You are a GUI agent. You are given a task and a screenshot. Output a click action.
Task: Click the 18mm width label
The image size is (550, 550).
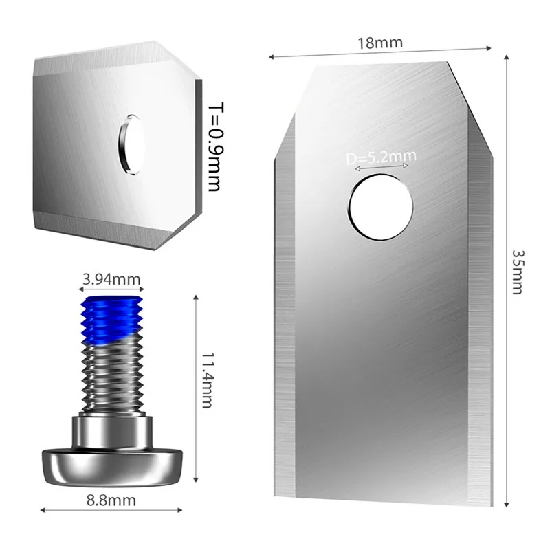pyautogui.click(x=380, y=43)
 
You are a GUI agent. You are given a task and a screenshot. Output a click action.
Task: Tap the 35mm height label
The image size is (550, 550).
pyautogui.click(x=518, y=272)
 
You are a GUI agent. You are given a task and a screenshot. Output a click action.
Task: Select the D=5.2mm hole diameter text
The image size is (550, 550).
pyautogui.click(x=381, y=157)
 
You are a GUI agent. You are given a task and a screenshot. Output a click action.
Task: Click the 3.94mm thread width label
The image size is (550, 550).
pyautogui.click(x=111, y=279)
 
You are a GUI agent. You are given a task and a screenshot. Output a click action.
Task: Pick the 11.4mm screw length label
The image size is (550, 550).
pyautogui.click(x=207, y=380)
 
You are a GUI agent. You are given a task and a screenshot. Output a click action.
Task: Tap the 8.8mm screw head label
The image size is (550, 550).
pyautogui.click(x=111, y=500)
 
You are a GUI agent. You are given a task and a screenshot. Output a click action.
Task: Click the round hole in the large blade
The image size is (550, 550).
pyautogui.click(x=381, y=207)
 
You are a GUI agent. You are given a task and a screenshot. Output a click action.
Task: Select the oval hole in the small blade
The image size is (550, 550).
pyautogui.click(x=131, y=144)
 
